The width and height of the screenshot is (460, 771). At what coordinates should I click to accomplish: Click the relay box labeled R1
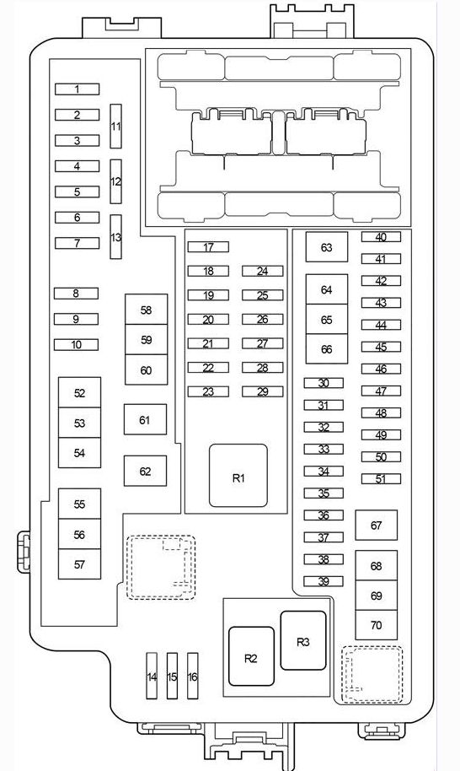tap(238, 476)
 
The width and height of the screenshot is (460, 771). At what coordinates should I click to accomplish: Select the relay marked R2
tap(251, 656)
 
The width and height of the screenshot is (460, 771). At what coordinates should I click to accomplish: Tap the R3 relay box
tap(303, 640)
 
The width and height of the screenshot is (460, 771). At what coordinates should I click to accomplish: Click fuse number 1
tap(77, 89)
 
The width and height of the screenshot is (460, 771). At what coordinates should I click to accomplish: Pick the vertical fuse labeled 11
tap(115, 126)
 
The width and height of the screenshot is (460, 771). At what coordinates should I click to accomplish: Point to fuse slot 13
tap(115, 236)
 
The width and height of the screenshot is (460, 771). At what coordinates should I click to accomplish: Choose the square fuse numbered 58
tap(147, 310)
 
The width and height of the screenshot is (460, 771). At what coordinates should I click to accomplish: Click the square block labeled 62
tap(145, 471)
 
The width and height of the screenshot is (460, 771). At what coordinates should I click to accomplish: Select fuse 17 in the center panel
tap(208, 247)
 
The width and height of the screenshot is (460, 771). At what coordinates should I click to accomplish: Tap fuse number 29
tap(263, 391)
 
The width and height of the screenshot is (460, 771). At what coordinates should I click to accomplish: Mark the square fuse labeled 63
tap(327, 247)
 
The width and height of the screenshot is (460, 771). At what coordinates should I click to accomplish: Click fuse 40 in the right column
tap(381, 237)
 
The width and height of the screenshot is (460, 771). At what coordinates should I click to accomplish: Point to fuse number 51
tap(381, 478)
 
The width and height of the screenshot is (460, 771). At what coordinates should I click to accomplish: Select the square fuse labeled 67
tap(376, 526)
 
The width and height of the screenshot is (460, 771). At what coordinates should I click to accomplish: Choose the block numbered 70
tap(376, 625)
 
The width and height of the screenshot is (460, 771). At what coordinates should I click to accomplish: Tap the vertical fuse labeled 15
tap(172, 676)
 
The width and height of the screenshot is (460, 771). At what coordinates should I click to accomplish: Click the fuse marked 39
tap(324, 581)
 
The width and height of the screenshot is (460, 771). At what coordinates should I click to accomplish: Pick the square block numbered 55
tap(79, 504)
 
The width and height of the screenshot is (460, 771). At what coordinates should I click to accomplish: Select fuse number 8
tap(76, 293)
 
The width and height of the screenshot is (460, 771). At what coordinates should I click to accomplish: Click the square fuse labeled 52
tap(79, 392)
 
